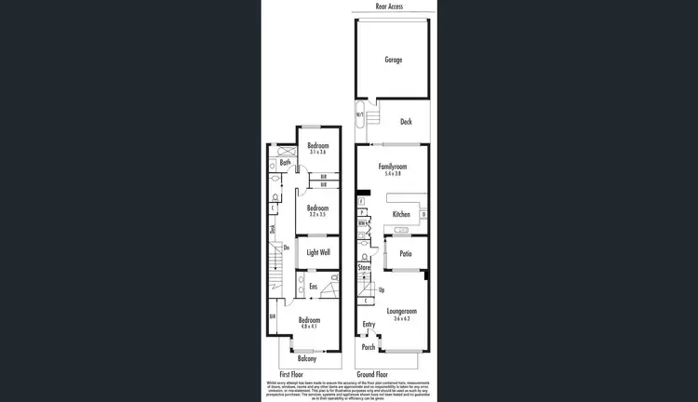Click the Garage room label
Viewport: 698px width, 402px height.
pos(394,60)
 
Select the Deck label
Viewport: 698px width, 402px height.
pos(406,122)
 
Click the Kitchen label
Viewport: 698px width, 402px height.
pos(401,215)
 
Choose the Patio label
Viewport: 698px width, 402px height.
pos(406,253)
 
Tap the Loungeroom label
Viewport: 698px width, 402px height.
pos(402,311)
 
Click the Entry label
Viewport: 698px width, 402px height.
pos(369,324)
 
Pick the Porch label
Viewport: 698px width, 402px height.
pos(369,347)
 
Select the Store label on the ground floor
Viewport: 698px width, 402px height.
pos(364,268)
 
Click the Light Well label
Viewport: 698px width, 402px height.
pos(319,252)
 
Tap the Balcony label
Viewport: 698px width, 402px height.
pos(307,358)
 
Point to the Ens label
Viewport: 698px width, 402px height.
pos(313,287)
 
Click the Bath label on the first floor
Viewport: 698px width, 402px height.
pos(285,163)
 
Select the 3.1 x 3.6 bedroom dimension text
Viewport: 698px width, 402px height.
pos(319,153)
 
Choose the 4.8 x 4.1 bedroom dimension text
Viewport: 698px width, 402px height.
pos(309,327)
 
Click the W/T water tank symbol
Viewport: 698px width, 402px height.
pos(360,116)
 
